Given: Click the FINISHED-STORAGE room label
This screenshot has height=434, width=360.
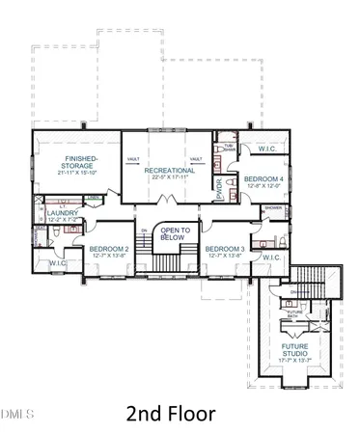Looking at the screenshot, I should pos(76,162).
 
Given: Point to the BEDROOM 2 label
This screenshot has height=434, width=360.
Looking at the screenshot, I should pos(108,249).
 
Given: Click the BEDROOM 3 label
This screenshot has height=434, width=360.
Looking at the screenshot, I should pos(224,249).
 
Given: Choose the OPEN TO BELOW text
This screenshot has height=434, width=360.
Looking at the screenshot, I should pos(175,233).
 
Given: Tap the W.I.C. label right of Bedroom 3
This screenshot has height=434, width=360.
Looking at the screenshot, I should pos(271,258).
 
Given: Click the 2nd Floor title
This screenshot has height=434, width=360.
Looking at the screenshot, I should pos(180,413).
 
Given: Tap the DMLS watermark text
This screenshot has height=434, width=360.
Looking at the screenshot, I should pos(16,414).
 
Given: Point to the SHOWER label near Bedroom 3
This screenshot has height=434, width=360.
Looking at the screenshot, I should pos(273,207).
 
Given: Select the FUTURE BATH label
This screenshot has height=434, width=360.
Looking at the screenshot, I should pos(292,313).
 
